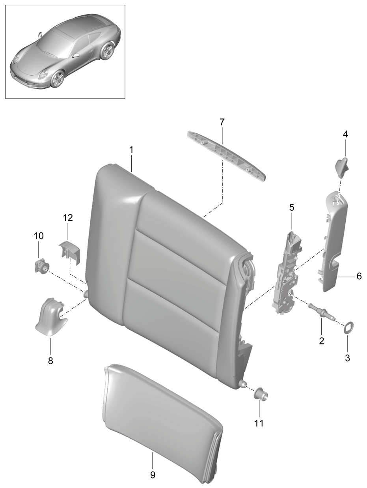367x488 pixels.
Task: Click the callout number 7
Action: (222, 122)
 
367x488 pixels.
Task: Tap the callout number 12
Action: (68, 218)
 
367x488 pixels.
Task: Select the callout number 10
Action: (39, 236)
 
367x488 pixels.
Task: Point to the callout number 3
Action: (347, 358)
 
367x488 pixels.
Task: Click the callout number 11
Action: (259, 423)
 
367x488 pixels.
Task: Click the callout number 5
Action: (292, 208)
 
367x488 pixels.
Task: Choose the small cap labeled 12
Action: (69, 252)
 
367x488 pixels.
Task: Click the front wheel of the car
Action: (57, 79)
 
